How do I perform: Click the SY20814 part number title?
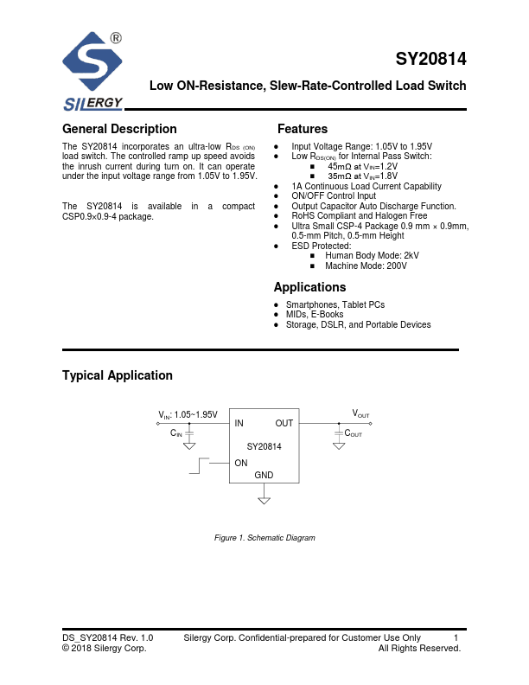click(x=430, y=60)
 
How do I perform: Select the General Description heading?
click(x=119, y=129)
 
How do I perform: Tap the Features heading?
click(x=303, y=129)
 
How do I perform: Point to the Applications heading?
click(x=309, y=287)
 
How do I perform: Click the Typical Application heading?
click(x=118, y=375)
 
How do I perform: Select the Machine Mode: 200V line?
click(x=366, y=266)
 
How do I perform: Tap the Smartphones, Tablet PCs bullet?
click(x=335, y=305)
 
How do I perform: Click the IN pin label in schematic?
click(x=239, y=423)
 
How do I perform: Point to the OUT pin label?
click(x=284, y=423)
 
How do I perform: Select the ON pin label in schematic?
click(x=241, y=463)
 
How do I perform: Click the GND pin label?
click(x=264, y=476)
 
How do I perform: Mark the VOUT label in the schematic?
click(x=360, y=414)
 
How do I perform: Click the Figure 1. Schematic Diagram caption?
click(x=264, y=538)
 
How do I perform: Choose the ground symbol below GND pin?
click(x=264, y=499)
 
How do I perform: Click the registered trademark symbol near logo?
click(x=116, y=38)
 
